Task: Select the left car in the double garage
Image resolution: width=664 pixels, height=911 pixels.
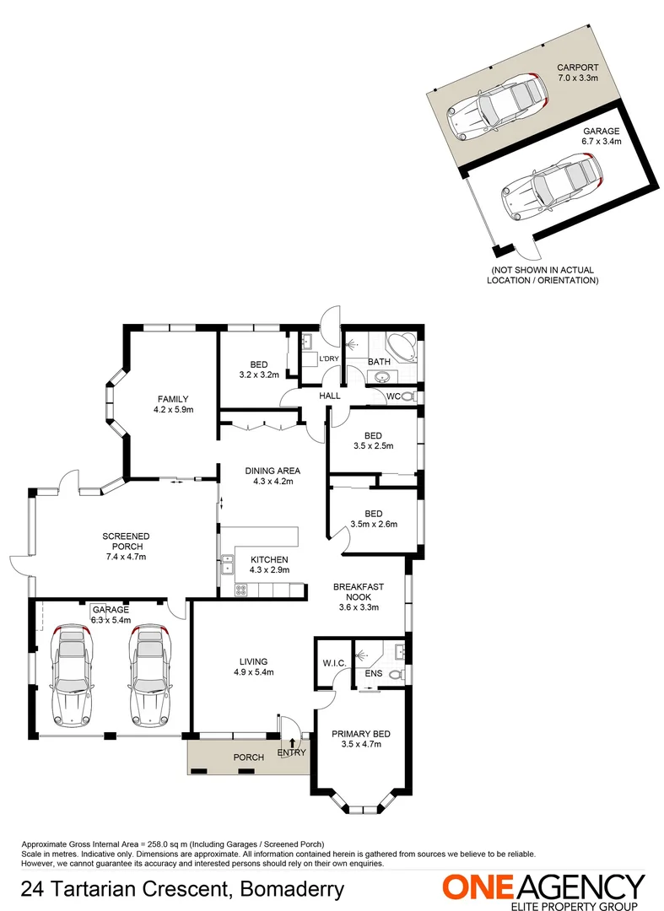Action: pos(71,674)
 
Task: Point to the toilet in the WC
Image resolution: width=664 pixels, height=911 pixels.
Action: pos(408,396)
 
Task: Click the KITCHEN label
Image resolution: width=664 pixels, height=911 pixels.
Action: pos(268,559)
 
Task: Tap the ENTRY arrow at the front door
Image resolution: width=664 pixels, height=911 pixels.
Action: pos(292,743)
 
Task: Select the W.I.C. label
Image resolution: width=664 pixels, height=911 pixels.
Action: pos(334,663)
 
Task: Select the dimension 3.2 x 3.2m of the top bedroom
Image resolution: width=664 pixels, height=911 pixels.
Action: pos(259,375)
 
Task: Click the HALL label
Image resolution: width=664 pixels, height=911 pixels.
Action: pos(329,395)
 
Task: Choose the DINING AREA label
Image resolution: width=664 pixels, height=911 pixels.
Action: pos(273,471)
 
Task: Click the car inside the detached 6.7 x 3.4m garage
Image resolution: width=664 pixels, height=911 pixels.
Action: pos(553,185)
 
